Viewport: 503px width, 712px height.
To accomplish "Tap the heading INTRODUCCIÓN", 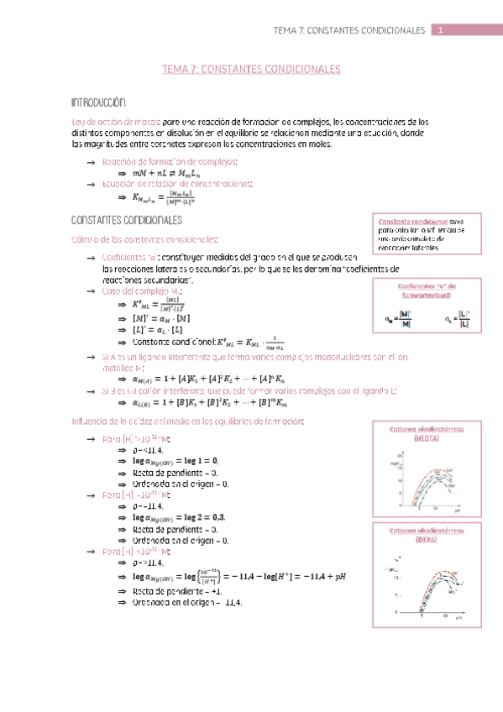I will [99, 102].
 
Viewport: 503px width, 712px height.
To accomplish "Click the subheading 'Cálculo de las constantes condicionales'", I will [146, 240].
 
